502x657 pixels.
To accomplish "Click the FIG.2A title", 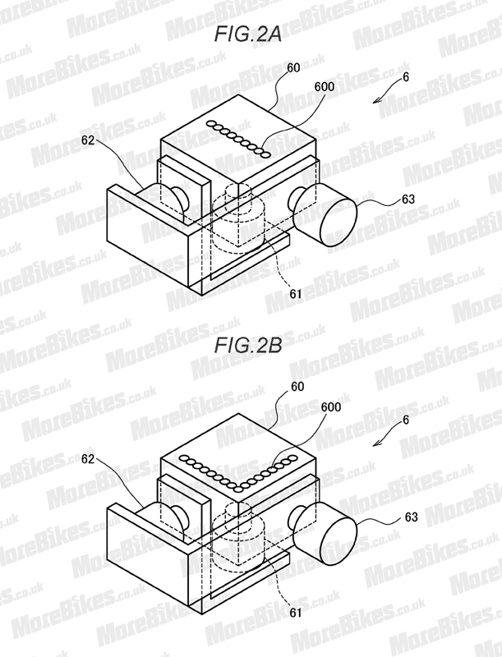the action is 247,34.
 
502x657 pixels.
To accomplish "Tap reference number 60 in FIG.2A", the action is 293,67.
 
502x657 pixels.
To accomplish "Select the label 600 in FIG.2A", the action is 325,86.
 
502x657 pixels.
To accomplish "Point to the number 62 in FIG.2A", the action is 88,140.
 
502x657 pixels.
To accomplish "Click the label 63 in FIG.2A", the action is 408,199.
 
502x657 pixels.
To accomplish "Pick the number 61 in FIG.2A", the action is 296,294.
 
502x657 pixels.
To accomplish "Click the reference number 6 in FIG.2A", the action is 405,77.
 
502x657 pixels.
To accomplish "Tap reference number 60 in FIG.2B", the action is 297,386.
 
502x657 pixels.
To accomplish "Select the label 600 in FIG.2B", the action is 331,407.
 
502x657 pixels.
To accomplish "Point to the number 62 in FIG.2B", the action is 88,459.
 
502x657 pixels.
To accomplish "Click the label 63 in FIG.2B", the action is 411,517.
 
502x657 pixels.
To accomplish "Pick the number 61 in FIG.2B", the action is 296,613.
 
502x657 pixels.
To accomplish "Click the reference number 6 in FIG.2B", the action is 405,420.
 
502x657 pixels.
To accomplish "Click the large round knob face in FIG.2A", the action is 339,222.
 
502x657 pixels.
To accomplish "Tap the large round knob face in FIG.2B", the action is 339,541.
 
